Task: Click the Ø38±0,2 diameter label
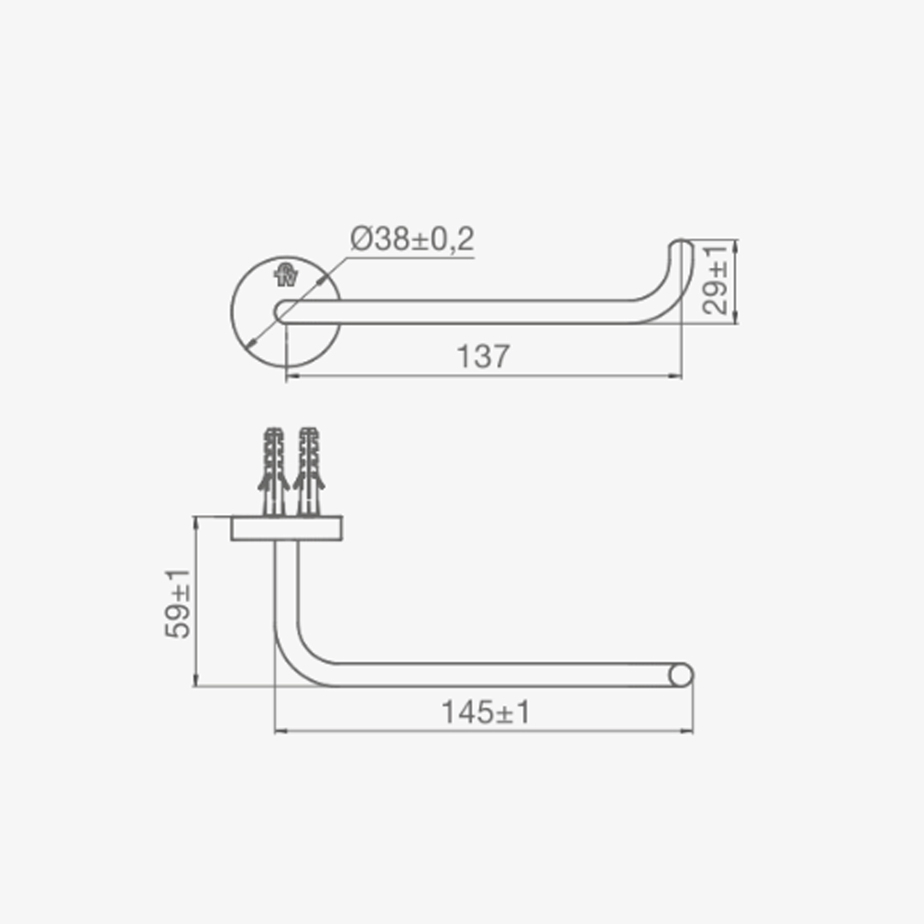tap(412, 240)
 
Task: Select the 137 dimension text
tap(483, 357)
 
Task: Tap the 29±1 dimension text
tap(715, 281)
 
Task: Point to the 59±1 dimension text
tap(177, 603)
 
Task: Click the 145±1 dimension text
tap(486, 712)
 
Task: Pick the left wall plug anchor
tap(274, 471)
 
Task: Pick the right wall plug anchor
tap(309, 471)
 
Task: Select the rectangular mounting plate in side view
tap(287, 529)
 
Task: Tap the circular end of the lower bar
tap(681, 675)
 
